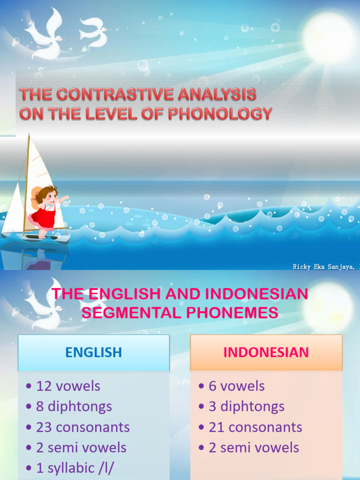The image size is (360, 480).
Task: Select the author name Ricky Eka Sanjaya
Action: (x=324, y=267)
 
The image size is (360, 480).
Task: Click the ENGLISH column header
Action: (x=93, y=352)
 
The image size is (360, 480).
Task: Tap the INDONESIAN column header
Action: (x=266, y=352)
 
